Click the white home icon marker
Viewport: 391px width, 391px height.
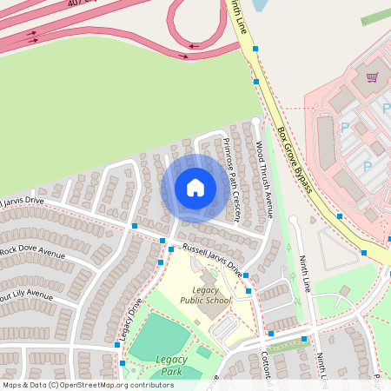click(x=195, y=187)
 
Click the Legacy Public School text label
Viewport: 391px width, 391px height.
click(x=206, y=295)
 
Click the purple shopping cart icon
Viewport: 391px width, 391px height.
click(x=372, y=78)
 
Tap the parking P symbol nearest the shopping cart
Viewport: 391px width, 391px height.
click(x=387, y=109)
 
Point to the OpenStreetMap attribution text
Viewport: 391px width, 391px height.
click(x=87, y=384)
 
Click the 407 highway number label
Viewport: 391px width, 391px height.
click(x=80, y=3)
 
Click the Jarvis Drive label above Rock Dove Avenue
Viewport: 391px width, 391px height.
click(x=23, y=200)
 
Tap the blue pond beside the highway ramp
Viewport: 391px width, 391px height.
click(x=259, y=5)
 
